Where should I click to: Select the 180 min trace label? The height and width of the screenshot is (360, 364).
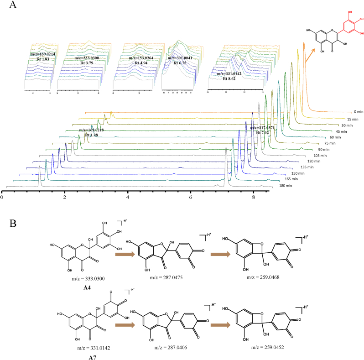coord(280,186)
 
